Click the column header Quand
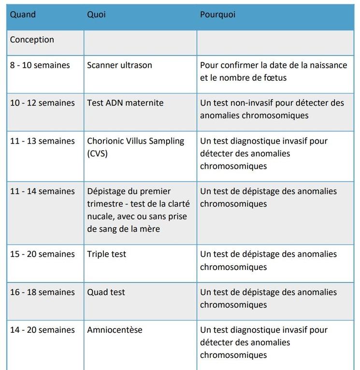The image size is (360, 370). point(23,15)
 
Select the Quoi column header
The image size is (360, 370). point(96,15)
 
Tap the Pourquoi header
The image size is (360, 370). point(218,15)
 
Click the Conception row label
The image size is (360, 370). point(32,40)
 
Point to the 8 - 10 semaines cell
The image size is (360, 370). point(40,65)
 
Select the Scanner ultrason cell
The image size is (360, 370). point(119,65)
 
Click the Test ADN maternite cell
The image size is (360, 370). point(125,103)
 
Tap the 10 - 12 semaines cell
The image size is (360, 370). point(42,103)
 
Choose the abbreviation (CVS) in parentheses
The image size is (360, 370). point(97,153)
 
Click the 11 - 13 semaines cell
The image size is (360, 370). point(42,141)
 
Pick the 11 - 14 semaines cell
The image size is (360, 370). point(42,191)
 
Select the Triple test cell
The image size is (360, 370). point(106,254)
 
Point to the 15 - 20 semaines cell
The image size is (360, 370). point(42,254)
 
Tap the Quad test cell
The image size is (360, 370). point(106,292)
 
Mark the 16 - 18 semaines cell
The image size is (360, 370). point(42,292)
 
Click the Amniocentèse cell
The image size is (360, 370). point(115,330)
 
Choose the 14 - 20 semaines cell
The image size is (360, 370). point(42,330)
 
